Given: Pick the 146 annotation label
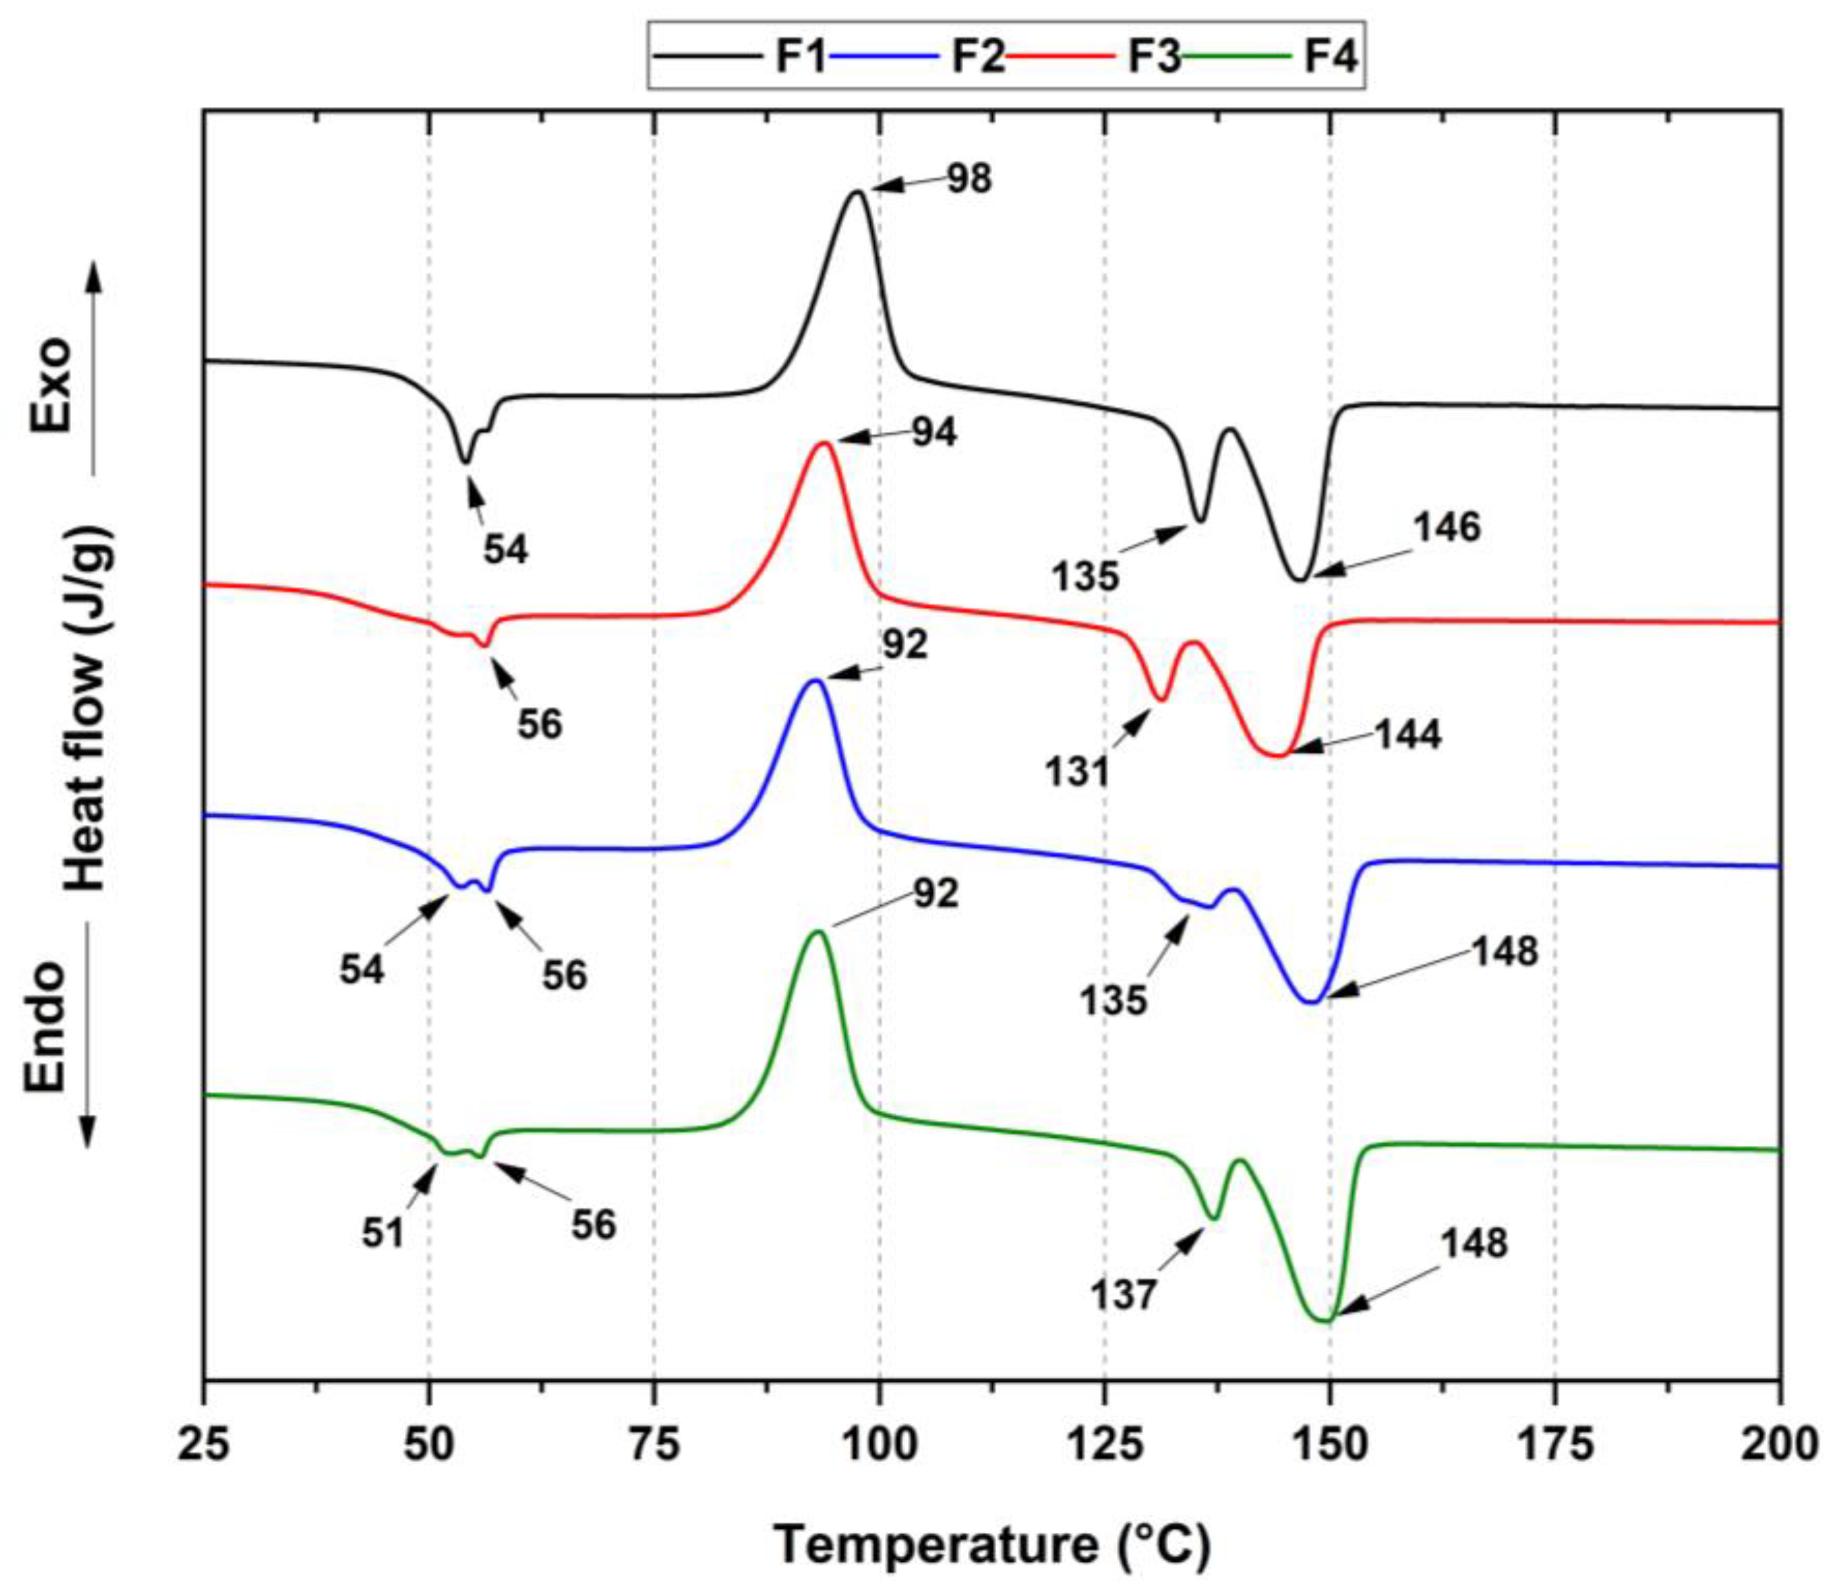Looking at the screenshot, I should point(1446,527).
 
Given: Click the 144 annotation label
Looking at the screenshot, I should point(1407,735).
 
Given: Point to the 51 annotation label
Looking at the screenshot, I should point(383,1234).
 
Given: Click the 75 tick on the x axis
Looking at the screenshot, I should point(654,1445).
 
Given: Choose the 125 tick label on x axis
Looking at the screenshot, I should point(1104,1445).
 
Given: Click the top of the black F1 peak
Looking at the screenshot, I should point(857,192).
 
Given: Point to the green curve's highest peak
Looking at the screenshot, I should point(817,931).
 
